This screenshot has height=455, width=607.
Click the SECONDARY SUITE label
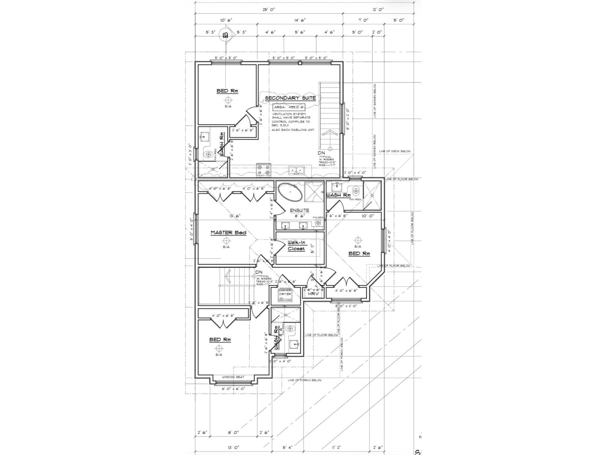pyautogui.click(x=290, y=98)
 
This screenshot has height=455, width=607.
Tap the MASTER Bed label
pyautogui.click(x=228, y=232)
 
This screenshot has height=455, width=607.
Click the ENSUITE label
pyautogui.click(x=299, y=210)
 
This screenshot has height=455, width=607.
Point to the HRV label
pyautogui.click(x=313, y=294)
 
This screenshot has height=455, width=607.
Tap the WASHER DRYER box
pyautogui.click(x=285, y=295)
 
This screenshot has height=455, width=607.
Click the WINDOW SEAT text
pyautogui.click(x=233, y=377)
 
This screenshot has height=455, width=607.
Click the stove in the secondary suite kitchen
pyautogui.click(x=263, y=170)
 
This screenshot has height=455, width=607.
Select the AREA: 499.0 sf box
pyautogui.click(x=289, y=107)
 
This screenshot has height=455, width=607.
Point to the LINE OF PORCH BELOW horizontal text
pyautogui.click(x=305, y=380)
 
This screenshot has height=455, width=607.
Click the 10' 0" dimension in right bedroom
pyautogui.click(x=367, y=216)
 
